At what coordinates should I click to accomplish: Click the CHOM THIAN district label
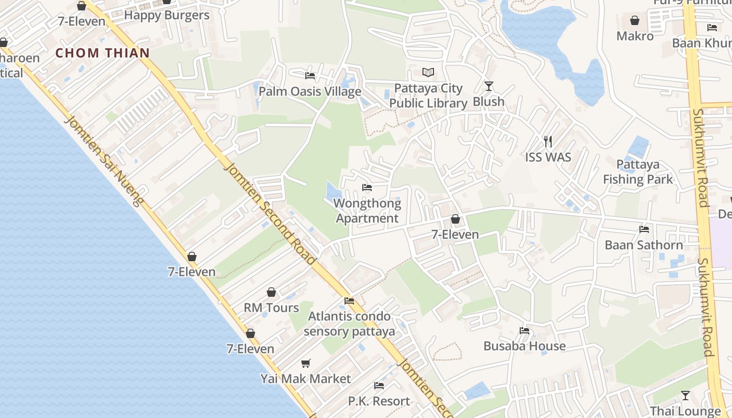point(102,53)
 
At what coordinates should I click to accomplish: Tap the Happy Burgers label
point(167,15)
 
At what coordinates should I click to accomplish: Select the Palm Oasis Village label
point(310,91)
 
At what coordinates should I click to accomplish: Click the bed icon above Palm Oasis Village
point(310,76)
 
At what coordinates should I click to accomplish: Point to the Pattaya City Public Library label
point(428,96)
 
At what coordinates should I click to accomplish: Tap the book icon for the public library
point(428,72)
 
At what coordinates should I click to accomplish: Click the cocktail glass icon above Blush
point(489,86)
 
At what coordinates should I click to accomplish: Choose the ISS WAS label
point(548,157)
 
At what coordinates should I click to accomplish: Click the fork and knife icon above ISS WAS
point(548,141)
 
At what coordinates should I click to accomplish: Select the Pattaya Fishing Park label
point(638,172)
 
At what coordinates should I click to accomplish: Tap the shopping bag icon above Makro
point(635,20)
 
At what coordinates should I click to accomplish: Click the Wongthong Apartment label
point(367,211)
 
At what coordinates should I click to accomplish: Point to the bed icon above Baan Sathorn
point(644,229)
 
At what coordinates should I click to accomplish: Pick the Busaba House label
point(524,346)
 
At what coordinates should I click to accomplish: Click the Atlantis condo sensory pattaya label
point(349,323)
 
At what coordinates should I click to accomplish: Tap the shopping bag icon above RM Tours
point(271,292)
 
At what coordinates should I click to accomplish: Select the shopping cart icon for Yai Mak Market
point(306,363)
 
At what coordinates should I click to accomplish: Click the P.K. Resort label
point(379,401)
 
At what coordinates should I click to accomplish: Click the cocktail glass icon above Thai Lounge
point(685,396)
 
